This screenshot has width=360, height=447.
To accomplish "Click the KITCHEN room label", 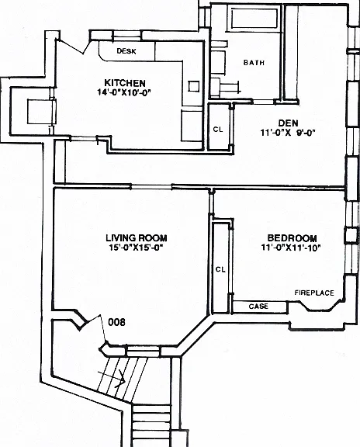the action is point(125,83).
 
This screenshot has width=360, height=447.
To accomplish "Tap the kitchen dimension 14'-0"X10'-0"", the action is point(124,92).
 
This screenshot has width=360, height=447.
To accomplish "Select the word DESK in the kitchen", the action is point(126,51).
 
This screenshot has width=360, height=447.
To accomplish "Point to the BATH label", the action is point(254,62).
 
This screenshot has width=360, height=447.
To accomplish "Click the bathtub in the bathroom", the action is point(254,19).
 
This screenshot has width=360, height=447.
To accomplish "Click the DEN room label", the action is point(288,123).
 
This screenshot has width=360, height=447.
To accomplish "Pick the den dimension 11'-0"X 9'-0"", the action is point(288,133).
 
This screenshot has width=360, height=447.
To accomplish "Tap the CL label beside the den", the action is point(218,129).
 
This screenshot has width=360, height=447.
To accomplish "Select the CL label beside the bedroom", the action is point(220,269).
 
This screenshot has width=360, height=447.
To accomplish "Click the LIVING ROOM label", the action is point(137,237).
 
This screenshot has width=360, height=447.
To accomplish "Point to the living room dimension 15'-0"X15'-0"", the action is point(136,247).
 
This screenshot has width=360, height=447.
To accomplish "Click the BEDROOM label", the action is point(292,237).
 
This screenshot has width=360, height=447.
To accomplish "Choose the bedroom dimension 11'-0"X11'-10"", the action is point(291,247).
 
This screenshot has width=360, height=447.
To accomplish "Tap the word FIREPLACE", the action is point(314,293).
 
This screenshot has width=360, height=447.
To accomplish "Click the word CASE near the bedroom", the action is point(258,307).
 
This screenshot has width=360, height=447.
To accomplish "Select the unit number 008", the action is point(116,322).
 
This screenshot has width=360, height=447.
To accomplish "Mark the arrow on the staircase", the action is point(112,378).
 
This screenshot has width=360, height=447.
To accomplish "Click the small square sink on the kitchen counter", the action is point(193,86).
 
